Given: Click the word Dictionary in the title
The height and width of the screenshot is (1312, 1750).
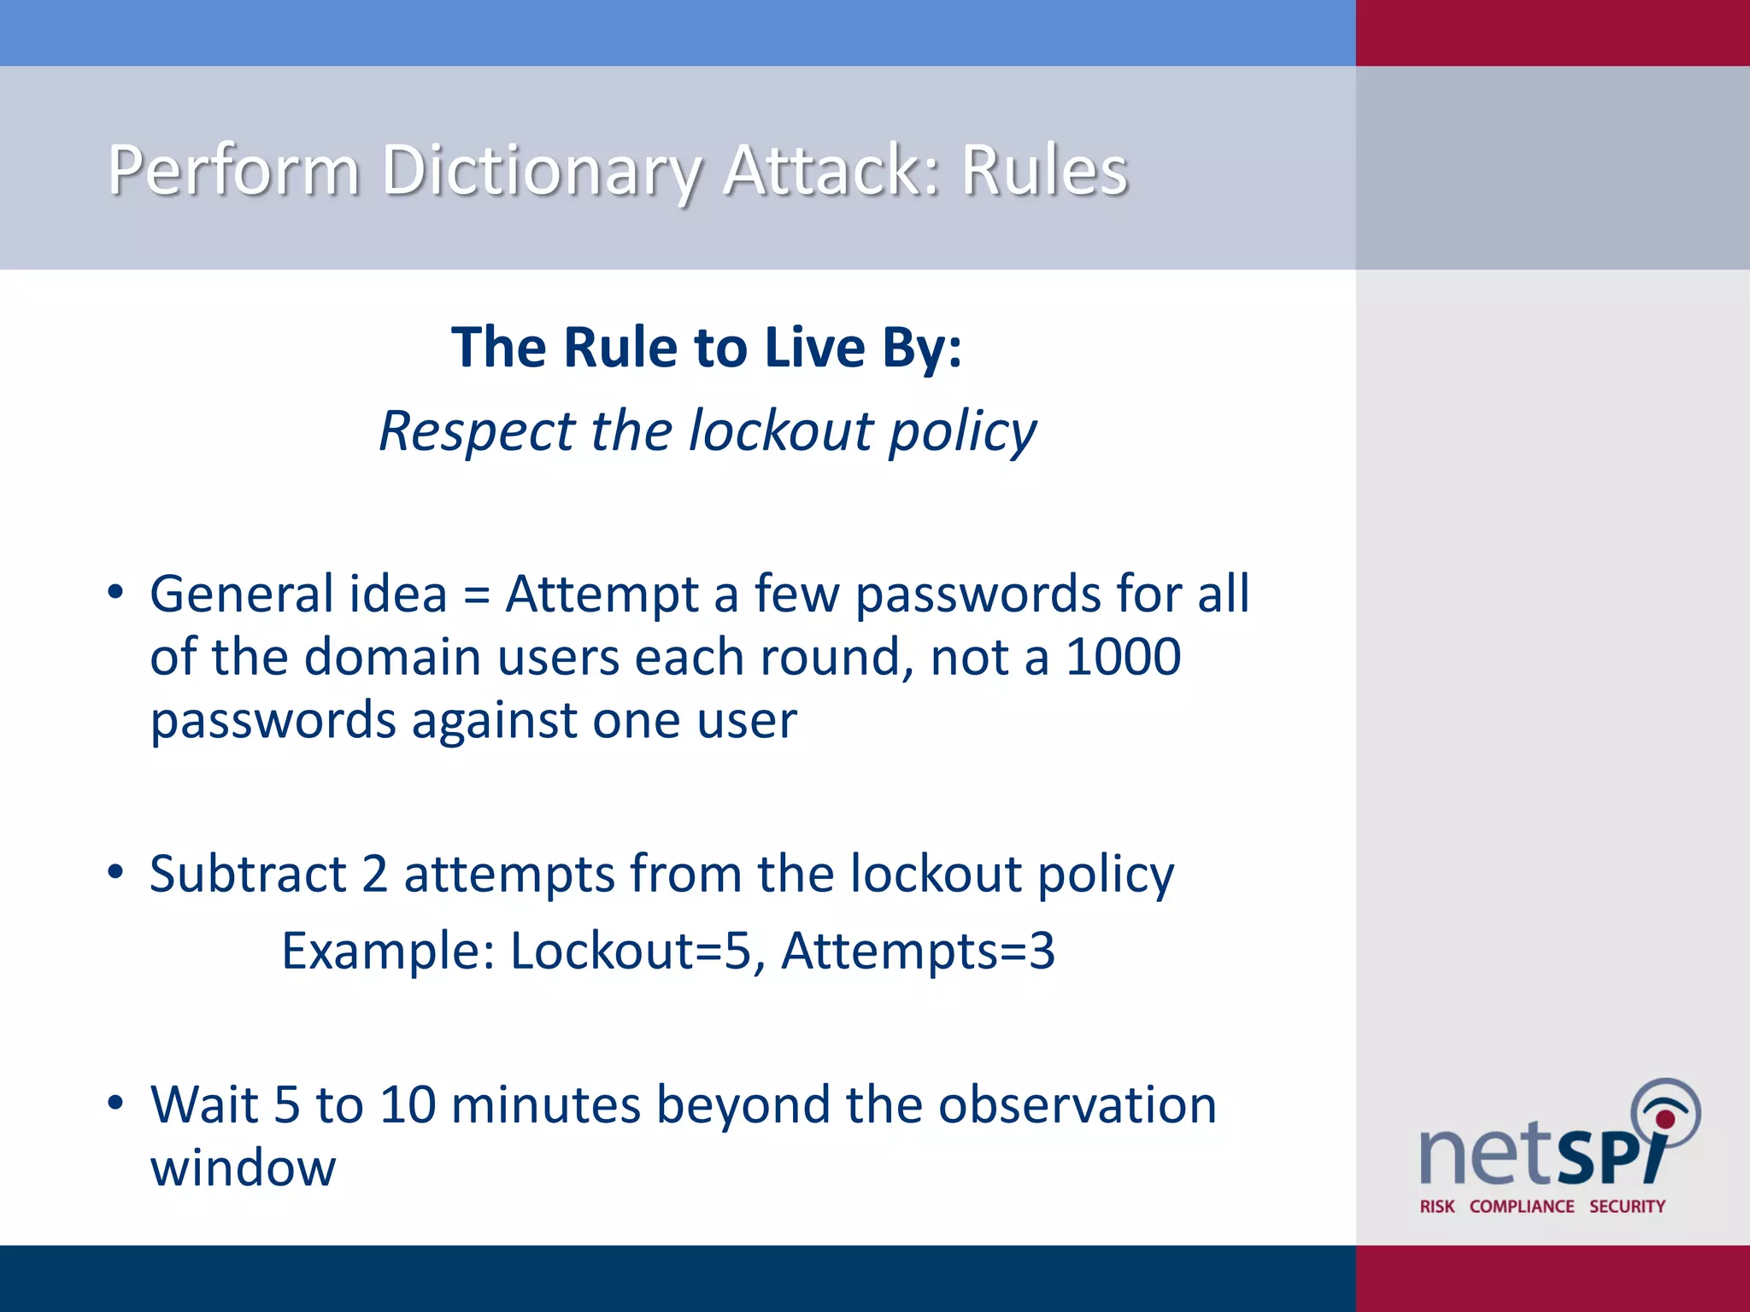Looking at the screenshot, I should pos(541,170).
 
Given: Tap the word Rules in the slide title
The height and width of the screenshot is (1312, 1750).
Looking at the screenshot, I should pos(1044,170).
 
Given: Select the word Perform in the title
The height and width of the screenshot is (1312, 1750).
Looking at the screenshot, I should pos(233,170).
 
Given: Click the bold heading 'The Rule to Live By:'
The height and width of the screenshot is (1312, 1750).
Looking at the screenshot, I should pos(707,348).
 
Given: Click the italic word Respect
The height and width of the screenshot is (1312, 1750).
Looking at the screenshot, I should pos(476,431).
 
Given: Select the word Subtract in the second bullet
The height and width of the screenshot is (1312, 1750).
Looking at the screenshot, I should pos(248,874).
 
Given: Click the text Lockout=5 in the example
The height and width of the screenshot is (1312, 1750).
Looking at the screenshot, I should pos(631,951).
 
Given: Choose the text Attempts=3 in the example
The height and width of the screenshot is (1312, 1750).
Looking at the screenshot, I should pos(918,951).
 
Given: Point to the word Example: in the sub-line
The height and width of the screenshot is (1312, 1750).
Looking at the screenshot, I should pos(388,951).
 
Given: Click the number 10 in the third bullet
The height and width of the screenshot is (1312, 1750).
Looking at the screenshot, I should pos(408,1104).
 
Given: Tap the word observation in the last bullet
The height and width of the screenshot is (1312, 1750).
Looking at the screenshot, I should pos(1077,1104).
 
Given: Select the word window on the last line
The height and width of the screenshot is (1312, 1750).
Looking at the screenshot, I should pos(244,1168).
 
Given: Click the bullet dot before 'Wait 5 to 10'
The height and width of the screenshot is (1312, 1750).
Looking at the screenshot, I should pos(115,1103).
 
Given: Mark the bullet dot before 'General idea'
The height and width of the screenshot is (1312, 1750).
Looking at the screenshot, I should pos(115,592).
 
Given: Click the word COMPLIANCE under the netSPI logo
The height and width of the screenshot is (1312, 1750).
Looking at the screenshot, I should pos(1522,1206).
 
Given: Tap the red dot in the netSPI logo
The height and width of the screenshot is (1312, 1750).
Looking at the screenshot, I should pos(1665,1119).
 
